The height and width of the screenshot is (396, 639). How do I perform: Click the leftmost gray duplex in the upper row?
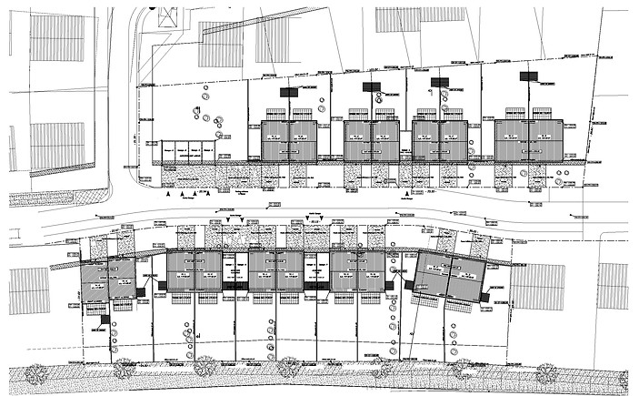point(289,140)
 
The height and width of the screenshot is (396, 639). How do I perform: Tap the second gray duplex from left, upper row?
point(372,140)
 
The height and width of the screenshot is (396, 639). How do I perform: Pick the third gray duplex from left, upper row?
point(440,140)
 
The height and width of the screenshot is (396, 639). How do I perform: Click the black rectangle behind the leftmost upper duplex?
point(289,92)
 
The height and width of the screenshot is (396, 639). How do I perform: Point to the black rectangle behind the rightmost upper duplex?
point(526,77)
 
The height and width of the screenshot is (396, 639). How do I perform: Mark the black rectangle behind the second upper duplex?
point(371,87)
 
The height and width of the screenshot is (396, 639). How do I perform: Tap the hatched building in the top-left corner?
point(56,37)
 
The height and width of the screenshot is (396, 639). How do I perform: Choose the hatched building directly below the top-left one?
point(56,146)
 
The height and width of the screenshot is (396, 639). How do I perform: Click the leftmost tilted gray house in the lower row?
point(107,280)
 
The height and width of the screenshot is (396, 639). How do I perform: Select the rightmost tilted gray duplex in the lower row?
point(452,276)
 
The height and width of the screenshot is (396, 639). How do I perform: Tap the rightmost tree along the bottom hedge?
point(545,372)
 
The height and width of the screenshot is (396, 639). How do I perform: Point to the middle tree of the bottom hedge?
point(288,368)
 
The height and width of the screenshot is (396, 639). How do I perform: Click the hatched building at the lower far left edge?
point(29,290)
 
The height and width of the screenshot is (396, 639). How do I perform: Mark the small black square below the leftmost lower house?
point(105,319)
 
